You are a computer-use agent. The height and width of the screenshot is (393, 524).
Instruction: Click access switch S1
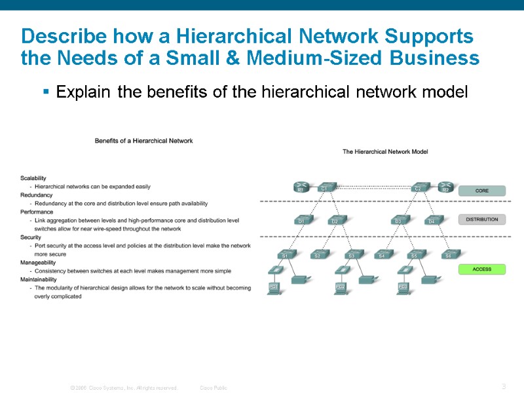point(286,253)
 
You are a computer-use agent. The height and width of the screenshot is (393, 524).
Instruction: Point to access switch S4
point(382,253)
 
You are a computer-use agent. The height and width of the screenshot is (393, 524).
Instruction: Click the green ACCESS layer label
point(481,269)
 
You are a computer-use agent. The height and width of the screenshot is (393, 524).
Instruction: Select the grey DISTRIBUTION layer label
point(481,219)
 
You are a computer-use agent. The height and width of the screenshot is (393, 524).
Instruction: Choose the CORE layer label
point(481,191)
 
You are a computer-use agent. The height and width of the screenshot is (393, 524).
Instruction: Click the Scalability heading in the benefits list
point(33,178)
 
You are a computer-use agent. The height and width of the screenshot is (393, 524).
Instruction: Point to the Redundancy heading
point(37,195)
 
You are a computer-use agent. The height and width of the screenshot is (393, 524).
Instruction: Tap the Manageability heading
point(39,263)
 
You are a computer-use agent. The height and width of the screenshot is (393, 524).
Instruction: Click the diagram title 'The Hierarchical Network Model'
point(385,151)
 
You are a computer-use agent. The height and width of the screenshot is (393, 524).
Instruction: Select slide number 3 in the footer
point(503,386)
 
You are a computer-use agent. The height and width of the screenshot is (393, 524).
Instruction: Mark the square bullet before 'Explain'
point(47,92)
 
